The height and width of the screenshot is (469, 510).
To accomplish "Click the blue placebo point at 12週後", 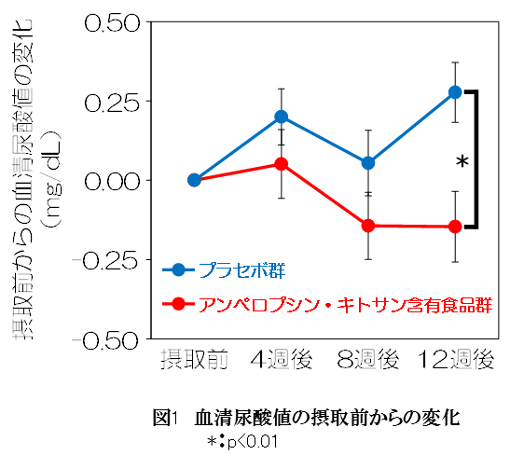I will [x=455, y=92].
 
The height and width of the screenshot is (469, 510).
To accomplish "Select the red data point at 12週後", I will [x=455, y=226].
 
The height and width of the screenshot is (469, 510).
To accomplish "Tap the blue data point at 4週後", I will [x=281, y=117].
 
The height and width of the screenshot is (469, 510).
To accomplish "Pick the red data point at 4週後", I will [x=281, y=164].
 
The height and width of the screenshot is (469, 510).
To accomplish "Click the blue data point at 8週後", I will [x=368, y=162].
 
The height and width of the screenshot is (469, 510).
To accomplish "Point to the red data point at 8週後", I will [x=368, y=226].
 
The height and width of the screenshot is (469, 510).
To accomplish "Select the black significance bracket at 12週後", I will [x=477, y=159].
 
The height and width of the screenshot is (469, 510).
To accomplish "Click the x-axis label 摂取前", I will [x=194, y=359].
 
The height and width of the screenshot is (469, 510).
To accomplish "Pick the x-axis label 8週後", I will [x=368, y=359].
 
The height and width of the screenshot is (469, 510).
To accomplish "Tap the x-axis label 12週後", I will [x=455, y=359].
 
